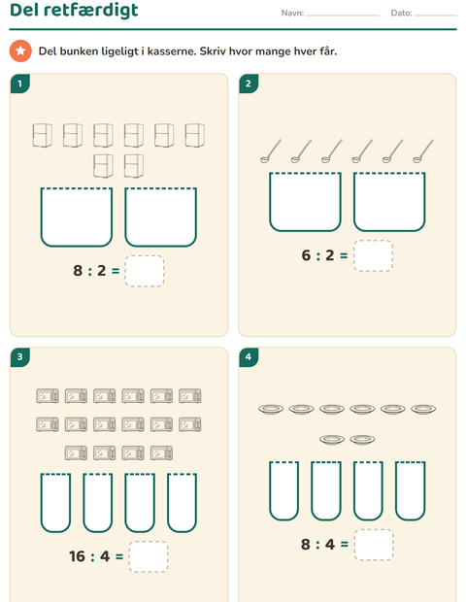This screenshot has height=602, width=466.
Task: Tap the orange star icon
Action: click(x=20, y=50)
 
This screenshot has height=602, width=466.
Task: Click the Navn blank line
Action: click(x=343, y=16)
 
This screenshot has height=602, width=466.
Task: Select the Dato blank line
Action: click(x=435, y=16)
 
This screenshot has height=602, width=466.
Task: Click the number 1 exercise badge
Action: click(x=20, y=84)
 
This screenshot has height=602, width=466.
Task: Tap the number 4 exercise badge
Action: click(x=249, y=357)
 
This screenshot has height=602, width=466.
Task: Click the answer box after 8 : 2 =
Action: click(x=145, y=271)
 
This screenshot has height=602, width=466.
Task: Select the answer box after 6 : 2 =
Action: click(x=373, y=255)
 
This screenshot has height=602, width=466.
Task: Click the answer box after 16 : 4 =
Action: click(x=149, y=556)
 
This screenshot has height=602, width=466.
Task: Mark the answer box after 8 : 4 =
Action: click(x=374, y=545)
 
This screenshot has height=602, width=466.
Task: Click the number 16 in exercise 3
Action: click(x=77, y=556)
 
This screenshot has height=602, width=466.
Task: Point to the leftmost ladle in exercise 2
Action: click(x=271, y=151)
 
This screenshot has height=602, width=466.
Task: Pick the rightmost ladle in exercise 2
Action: click(x=423, y=151)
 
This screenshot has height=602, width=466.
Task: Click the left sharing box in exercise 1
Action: click(x=77, y=217)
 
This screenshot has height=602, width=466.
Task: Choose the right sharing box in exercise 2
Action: click(x=389, y=202)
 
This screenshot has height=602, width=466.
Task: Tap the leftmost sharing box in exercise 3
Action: click(x=55, y=503)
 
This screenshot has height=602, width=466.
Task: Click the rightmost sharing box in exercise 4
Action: click(x=411, y=490)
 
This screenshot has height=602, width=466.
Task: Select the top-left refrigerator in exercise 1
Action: click(x=42, y=135)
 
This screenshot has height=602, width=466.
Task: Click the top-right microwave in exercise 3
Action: click(x=189, y=396)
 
